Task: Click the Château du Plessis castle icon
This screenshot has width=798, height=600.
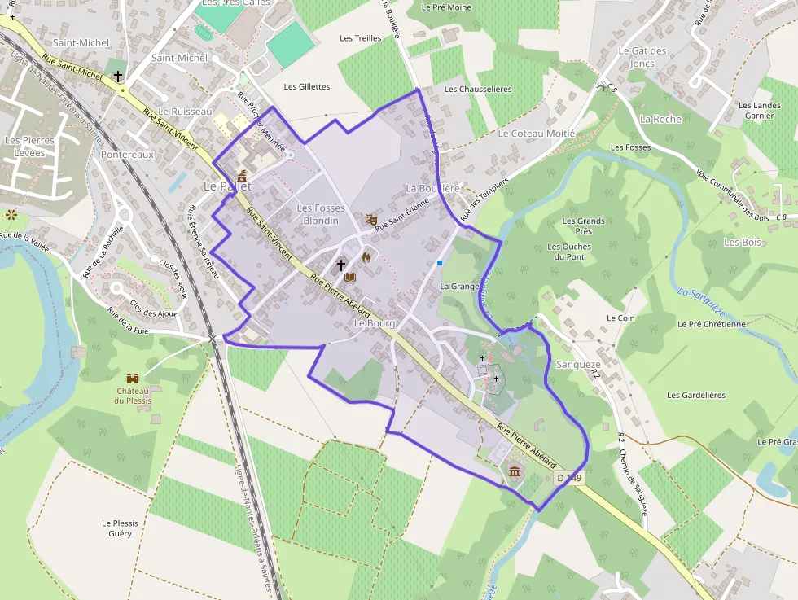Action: (133, 379)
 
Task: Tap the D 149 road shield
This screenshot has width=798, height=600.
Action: (569, 479)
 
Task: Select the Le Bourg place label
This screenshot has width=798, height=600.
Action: (375, 323)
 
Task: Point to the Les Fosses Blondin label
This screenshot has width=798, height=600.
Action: (321, 214)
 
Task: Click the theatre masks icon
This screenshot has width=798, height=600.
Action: (370, 218)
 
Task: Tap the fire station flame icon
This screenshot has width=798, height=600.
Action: (366, 257)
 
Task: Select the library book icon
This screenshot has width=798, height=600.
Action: (350, 277)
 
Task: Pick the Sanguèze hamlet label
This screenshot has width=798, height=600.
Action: (577, 365)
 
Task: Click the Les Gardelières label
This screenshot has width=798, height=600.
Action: (695, 396)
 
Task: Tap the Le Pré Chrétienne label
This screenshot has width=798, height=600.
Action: (711, 324)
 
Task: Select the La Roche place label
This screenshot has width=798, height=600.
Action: (660, 119)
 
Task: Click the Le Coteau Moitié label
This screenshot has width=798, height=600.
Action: (537, 134)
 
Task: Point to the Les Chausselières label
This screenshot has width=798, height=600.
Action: (478, 90)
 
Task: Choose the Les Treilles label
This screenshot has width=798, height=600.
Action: (360, 38)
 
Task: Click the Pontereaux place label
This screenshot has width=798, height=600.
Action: (127, 154)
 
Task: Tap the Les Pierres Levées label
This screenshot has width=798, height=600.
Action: (29, 147)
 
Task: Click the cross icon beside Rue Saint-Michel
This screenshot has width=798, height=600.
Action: (118, 76)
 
